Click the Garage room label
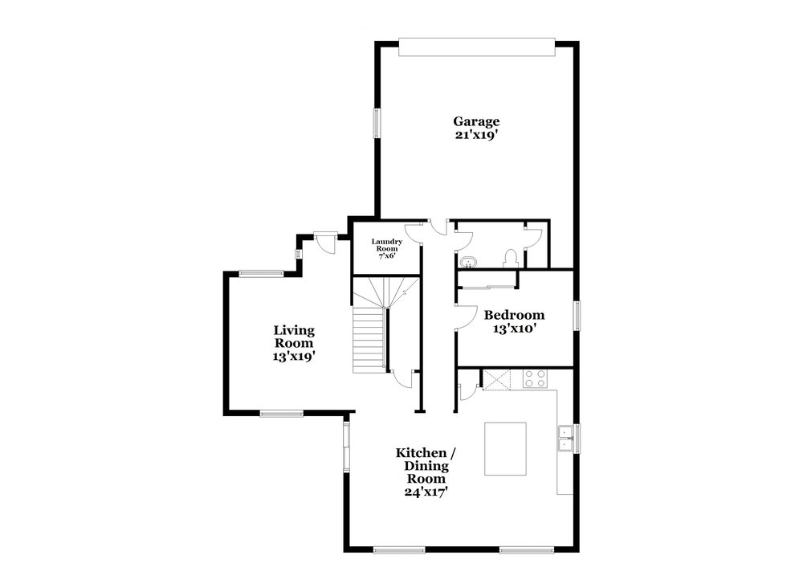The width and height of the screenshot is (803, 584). point(476,122)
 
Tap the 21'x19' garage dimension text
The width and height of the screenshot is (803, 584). point(476,135)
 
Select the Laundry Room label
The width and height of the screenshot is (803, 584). point(387,245)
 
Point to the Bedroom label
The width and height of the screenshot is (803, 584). point(514,315)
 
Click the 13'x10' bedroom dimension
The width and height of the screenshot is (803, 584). point(514,329)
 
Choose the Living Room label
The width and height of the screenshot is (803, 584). point(294,337)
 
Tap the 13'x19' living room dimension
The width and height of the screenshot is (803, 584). point(293,357)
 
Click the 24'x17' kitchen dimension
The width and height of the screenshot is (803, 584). point(426,492)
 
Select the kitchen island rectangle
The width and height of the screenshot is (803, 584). point(505,449)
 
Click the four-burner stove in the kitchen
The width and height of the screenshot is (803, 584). point(535,379)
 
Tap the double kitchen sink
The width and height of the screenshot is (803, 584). point(565,439)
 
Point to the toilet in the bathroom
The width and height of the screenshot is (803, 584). point(511,258)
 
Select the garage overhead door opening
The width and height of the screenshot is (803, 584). point(477,47)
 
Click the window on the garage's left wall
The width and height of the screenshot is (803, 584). point(377,123)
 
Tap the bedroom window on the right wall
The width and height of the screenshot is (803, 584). point(577,315)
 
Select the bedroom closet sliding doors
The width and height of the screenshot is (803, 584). point(487,287)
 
